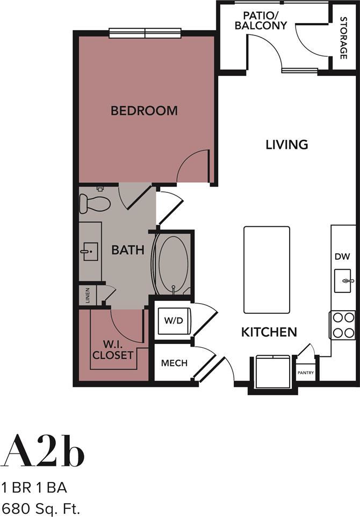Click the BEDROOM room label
click(144, 111)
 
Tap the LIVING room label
click(287, 144)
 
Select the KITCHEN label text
click(269, 332)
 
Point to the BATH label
click(128, 250)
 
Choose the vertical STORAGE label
click(343, 38)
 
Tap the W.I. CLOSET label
click(113, 350)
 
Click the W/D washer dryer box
click(174, 321)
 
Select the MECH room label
click(175, 363)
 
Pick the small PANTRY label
click(306, 372)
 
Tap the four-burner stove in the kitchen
click(343, 325)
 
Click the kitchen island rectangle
click(267, 270)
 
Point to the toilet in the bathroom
click(95, 203)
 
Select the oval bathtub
click(172, 263)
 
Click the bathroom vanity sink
click(90, 250)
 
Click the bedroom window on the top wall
click(145, 33)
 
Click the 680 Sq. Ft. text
click(41, 506)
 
